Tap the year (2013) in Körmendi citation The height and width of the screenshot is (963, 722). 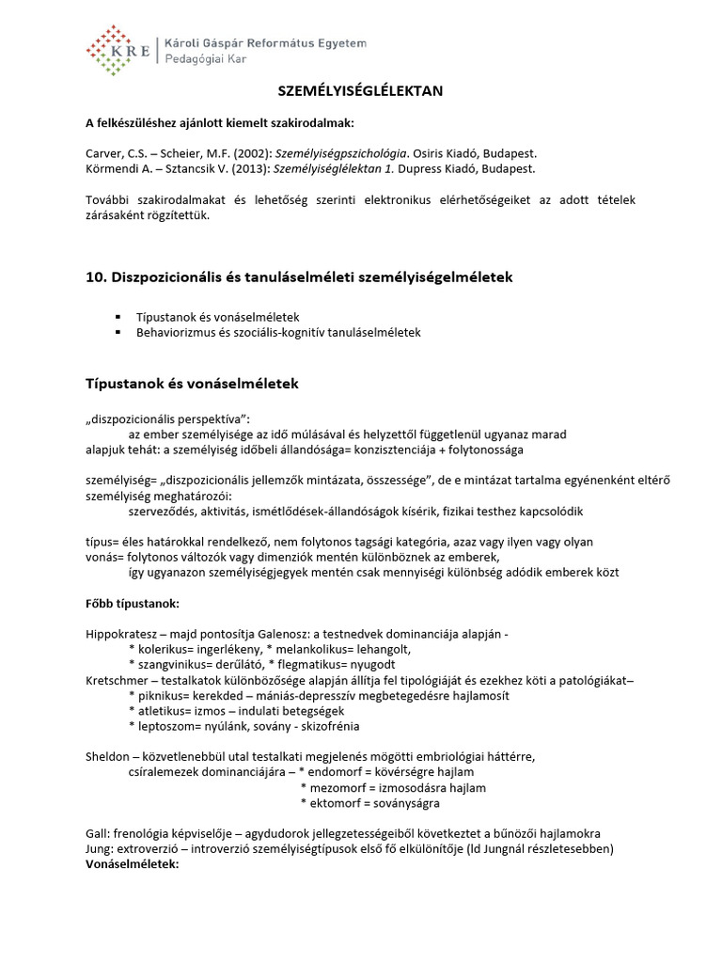tap(267, 168)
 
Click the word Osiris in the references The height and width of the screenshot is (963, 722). tap(428, 152)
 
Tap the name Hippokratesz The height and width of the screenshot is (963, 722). tap(120, 635)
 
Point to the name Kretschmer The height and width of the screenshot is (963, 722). tap(117, 680)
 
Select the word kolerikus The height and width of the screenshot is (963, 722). tap(163, 650)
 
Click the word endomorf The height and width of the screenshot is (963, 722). tap(341, 772)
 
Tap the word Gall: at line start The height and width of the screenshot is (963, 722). tap(98, 834)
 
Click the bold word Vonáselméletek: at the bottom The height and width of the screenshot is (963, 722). tap(132, 864)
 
